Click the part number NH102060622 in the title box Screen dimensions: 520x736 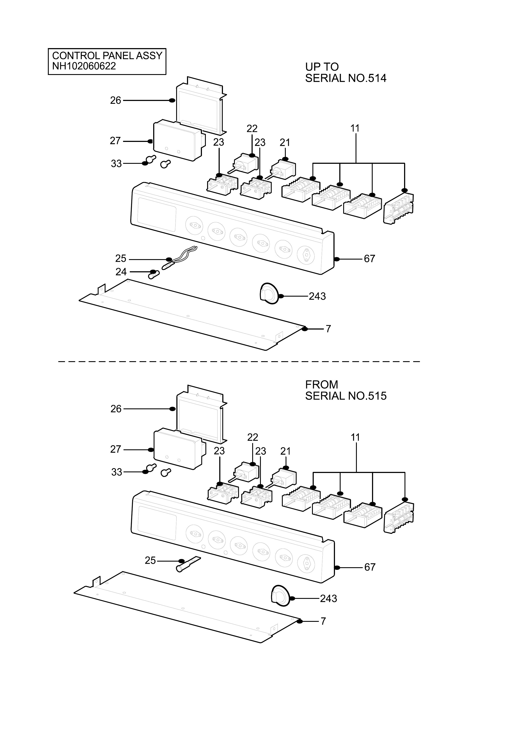click(84, 66)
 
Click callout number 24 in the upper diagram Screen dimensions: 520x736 click(121, 272)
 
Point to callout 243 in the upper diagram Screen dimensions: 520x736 click(317, 296)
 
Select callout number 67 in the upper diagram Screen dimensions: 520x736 click(369, 259)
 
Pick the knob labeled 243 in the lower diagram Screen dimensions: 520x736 click(281, 596)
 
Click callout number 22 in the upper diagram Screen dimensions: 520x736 click(252, 128)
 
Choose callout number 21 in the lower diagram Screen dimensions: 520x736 click(285, 451)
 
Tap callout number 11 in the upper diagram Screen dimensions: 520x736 click(355, 128)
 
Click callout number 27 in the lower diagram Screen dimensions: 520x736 click(116, 449)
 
